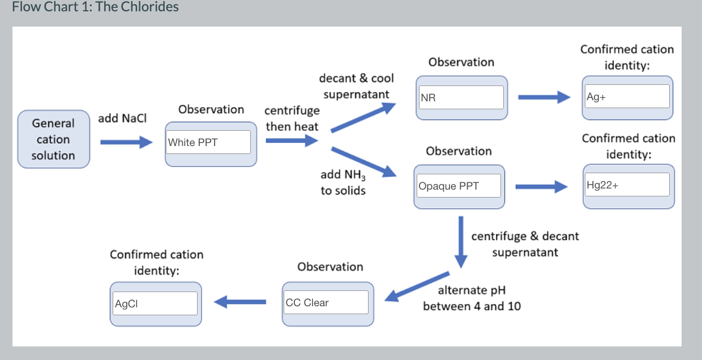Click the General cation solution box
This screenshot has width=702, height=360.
pyautogui.click(x=53, y=139)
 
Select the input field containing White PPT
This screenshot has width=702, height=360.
pyautogui.click(x=208, y=142)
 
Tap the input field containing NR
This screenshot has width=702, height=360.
pyautogui.click(x=461, y=97)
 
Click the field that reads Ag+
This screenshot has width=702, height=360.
pyautogui.click(x=627, y=97)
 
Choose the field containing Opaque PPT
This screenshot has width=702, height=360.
pyautogui.click(x=459, y=186)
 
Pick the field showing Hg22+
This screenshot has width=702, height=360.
pyautogui.click(x=628, y=185)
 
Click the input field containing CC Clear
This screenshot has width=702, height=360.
pyautogui.click(x=326, y=302)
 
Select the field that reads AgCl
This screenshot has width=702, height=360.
pyautogui.click(x=155, y=303)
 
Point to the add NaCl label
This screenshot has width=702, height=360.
pyautogui.click(x=122, y=118)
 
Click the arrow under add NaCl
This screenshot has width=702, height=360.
pyautogui.click(x=126, y=143)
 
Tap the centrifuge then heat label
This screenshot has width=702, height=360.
pyautogui.click(x=292, y=118)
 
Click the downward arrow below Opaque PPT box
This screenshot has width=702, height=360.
pyautogui.click(x=461, y=241)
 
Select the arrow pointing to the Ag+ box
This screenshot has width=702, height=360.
pyautogui.click(x=543, y=97)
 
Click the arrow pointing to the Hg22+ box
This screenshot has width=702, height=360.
pyautogui.click(x=541, y=186)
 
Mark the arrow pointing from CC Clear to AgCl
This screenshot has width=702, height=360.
pyautogui.click(x=240, y=302)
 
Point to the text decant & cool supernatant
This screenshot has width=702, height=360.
pyautogui.click(x=357, y=86)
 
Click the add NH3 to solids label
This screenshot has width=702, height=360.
pyautogui.click(x=343, y=182)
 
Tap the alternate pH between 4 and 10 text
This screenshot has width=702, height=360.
pyautogui.click(x=472, y=298)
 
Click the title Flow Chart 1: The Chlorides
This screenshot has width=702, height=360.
pyautogui.click(x=95, y=7)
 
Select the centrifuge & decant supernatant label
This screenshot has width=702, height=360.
pyautogui.click(x=525, y=244)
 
